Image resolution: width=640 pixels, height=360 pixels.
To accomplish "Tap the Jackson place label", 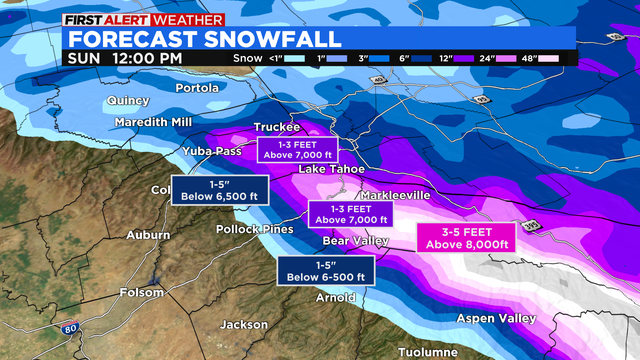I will pos(244,324).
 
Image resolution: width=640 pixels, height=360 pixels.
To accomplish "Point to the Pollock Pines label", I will pos(255,229).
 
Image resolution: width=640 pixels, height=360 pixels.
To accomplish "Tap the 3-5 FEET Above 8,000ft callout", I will pos(463,237).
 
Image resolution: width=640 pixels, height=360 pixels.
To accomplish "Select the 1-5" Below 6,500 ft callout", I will pos(209,190).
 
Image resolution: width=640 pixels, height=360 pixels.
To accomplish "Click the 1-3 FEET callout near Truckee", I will pos(299,150).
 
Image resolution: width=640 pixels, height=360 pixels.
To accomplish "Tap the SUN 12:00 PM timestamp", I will pos(125,57).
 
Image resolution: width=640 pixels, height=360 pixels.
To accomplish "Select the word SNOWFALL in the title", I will pos(272,38).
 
